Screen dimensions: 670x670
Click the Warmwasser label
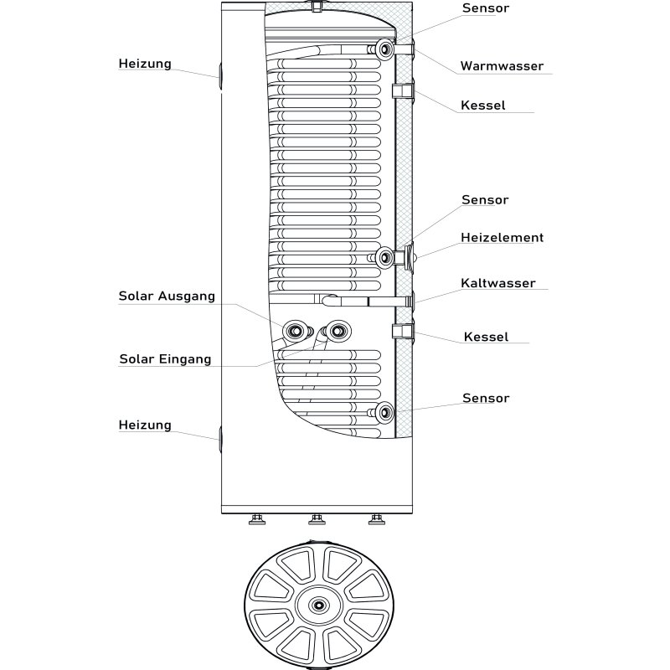click(502, 66)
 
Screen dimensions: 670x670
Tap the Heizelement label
click(502, 238)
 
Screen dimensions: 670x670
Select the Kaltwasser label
click(497, 283)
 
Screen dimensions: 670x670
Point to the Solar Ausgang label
click(167, 296)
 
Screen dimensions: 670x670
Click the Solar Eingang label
click(165, 359)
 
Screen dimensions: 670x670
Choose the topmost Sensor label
click(486, 8)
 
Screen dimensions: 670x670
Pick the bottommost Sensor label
click(486, 398)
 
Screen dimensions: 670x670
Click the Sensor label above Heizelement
click(486, 200)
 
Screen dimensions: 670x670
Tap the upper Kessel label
click(483, 106)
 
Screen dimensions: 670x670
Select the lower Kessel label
click(486, 337)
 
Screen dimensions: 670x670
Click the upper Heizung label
click(145, 64)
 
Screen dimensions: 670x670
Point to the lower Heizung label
click(145, 425)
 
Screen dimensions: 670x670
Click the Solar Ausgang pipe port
click(296, 331)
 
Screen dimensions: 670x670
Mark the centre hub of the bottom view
click(318, 605)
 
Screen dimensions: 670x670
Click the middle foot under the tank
click(317, 520)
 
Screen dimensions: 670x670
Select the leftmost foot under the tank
click(257, 520)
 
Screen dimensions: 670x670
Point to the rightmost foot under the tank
click(376, 520)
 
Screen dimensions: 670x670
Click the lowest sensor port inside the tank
click(385, 412)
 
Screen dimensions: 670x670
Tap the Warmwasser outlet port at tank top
click(385, 50)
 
